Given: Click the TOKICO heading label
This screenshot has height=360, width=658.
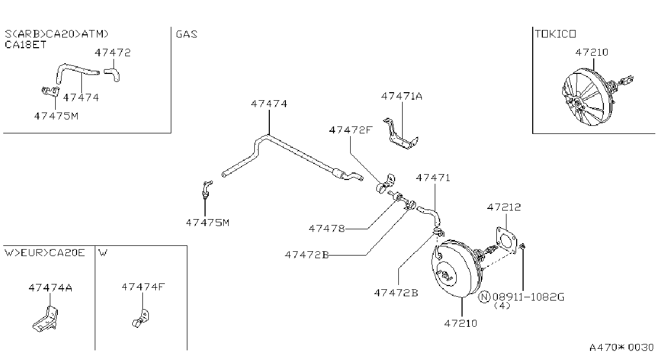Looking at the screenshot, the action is point(555,34).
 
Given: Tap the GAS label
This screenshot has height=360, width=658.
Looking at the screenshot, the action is point(186,34).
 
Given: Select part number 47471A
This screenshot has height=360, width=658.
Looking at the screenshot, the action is point(402,96).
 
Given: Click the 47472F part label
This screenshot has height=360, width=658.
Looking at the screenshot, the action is point(351,130).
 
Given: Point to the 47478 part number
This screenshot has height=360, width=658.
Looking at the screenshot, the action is point(327,228).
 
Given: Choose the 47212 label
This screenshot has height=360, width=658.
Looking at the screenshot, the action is point(504,207).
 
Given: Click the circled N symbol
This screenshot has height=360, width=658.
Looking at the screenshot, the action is point(485,297).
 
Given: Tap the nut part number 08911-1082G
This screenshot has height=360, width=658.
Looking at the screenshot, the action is point(528,297).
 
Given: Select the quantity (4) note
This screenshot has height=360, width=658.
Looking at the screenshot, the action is point(502,306).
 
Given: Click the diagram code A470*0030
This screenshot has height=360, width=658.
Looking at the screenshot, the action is point(622,348).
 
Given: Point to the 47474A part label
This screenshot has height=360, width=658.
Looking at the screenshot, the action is point(50,288).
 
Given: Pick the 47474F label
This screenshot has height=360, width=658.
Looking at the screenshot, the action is point(143,287).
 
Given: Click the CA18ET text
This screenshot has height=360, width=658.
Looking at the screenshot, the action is point(26,44).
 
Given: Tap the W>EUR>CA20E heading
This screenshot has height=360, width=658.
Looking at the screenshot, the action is point(44,253).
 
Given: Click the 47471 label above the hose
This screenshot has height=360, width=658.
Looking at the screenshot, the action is point(433,178).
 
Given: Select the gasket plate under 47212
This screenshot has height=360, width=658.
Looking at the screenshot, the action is point(506,240).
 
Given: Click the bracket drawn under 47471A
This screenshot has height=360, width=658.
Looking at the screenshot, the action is point(400,134).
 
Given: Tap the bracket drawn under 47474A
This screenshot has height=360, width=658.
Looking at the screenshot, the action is point(45,319).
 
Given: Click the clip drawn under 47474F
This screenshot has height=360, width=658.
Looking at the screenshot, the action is point(141,319).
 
